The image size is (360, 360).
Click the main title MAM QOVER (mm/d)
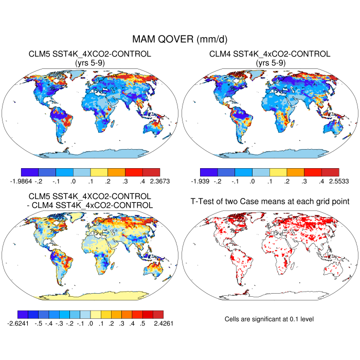[180, 39]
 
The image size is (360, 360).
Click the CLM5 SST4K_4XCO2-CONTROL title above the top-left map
[90, 54]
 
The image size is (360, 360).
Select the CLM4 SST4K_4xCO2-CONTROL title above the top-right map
[270, 54]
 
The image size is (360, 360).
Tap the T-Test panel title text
[269, 201]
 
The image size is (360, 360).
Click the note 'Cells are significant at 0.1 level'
[269, 319]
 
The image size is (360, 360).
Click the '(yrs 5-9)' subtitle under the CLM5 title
[90, 63]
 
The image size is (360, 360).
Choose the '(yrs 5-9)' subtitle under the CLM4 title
[270, 63]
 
